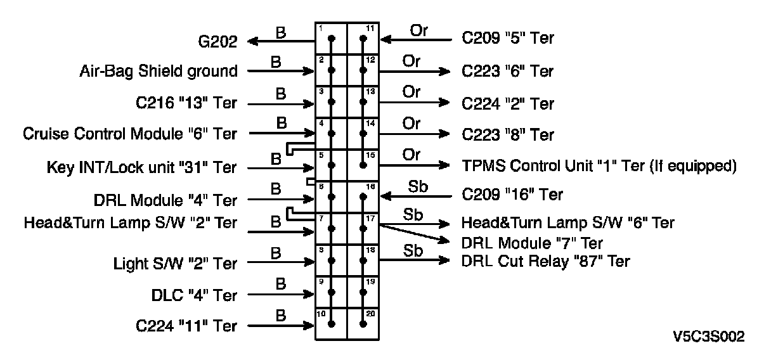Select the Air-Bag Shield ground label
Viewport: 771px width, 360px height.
159,72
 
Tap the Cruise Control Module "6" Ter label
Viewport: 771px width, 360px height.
130,134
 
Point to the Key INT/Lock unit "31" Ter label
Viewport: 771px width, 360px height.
141,168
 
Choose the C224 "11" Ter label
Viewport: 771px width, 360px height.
186,326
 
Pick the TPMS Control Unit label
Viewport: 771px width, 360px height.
599,166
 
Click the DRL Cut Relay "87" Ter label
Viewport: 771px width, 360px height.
546,260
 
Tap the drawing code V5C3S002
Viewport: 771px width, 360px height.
709,337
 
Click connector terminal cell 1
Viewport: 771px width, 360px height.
332,39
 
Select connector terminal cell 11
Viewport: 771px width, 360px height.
363,39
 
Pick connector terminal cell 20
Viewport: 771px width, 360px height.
363,324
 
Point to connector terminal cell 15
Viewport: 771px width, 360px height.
363,165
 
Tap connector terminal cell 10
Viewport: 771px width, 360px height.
332,324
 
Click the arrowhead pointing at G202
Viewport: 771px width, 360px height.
252,42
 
